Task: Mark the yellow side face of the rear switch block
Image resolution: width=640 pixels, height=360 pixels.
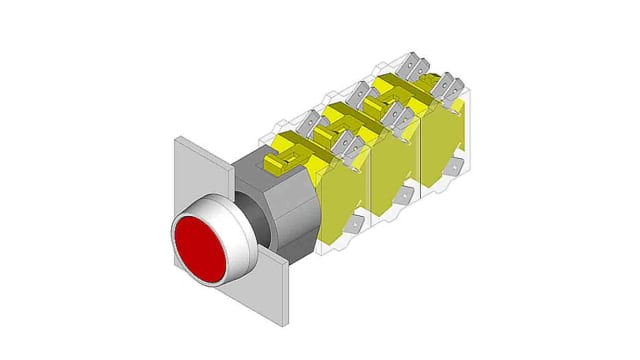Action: pos(441,140)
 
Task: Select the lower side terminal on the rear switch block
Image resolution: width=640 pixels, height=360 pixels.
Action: pos(456,165)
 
